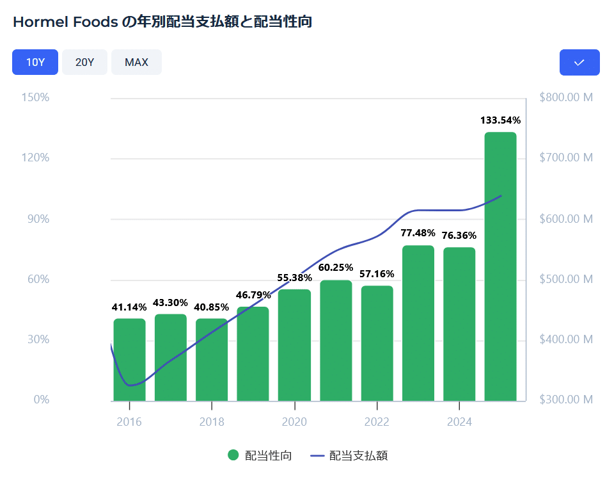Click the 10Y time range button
[x=35, y=62]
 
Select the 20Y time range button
[x=84, y=62]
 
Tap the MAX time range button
[x=136, y=62]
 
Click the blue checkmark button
[x=579, y=62]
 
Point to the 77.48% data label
[x=418, y=232]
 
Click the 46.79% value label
[x=253, y=295]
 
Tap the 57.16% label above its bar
[x=377, y=274]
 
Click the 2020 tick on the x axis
[x=294, y=422]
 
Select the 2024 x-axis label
[x=459, y=422]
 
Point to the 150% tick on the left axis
[x=36, y=98]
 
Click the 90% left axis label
[x=37, y=219]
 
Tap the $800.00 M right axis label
[x=566, y=98]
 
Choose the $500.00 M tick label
[x=566, y=279]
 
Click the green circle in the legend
[x=233, y=455]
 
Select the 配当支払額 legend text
[x=358, y=456]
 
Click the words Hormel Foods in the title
[x=65, y=22]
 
